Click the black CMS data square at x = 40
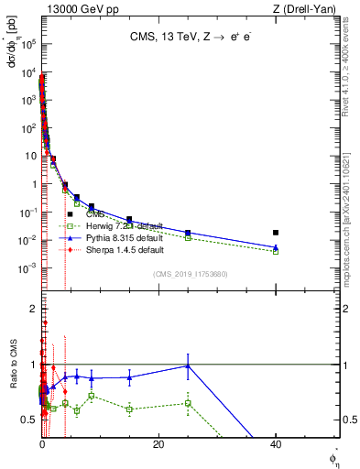pos(276,233)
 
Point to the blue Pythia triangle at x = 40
pos(276,246)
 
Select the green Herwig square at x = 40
pos(276,251)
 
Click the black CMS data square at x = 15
pos(129,220)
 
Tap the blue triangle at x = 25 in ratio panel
pos(188,365)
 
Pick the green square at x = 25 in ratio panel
pos(188,403)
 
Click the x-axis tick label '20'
pos(158,444)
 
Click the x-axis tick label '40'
pos(276,444)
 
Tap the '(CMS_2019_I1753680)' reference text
pos(191,275)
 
